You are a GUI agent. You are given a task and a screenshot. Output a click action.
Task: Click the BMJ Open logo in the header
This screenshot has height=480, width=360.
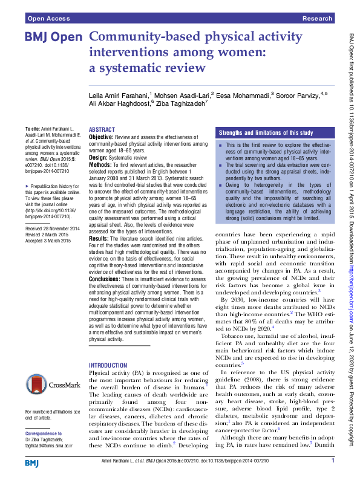(53, 37)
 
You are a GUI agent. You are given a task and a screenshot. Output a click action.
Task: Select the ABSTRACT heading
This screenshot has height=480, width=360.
(102, 130)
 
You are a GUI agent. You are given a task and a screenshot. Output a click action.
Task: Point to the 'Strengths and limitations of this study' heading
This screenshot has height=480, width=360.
(266, 132)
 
